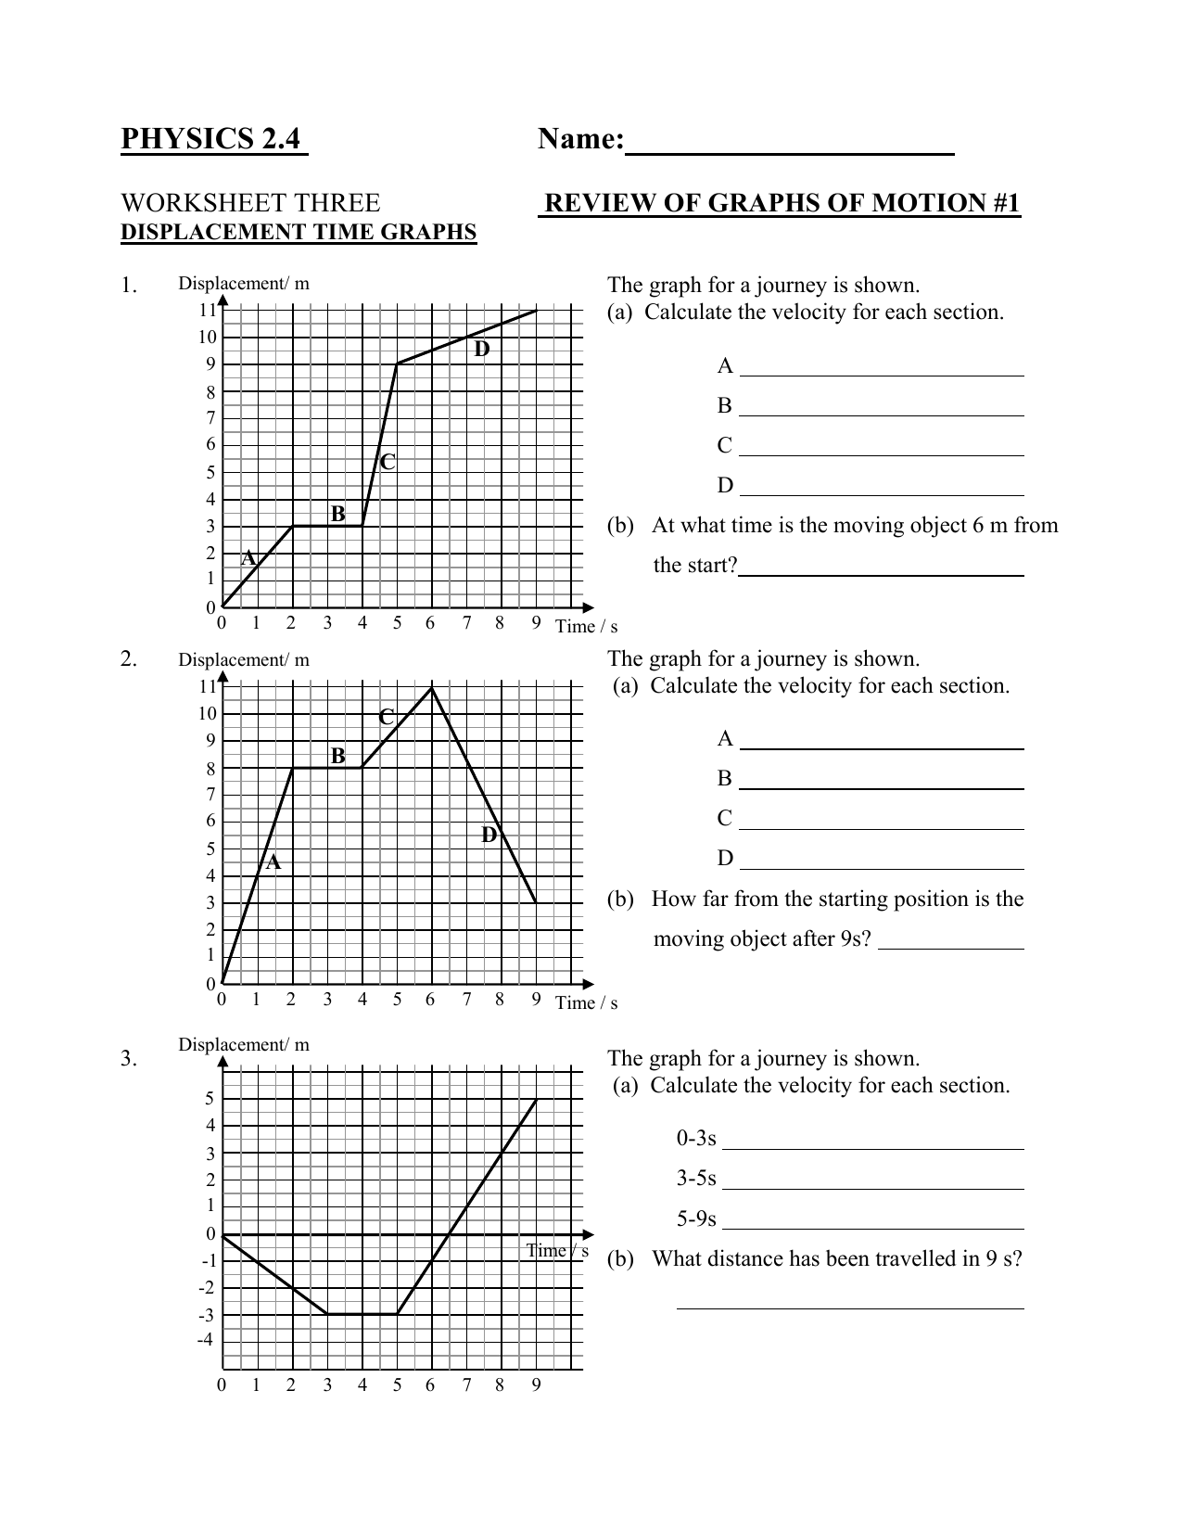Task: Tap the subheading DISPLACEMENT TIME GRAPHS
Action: (299, 232)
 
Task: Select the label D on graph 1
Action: (481, 350)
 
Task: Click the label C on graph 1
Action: (388, 461)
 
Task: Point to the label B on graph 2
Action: (337, 756)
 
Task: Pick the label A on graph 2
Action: (273, 862)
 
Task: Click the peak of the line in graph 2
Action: (432, 687)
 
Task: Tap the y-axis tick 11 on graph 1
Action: (206, 310)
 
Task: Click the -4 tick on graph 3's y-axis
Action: (205, 1340)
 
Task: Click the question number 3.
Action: (129, 1059)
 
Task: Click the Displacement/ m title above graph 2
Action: (244, 660)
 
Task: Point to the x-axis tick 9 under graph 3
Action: (536, 1385)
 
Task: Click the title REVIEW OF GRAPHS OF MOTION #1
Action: (781, 204)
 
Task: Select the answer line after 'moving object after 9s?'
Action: (950, 946)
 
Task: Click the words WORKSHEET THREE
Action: (250, 203)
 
